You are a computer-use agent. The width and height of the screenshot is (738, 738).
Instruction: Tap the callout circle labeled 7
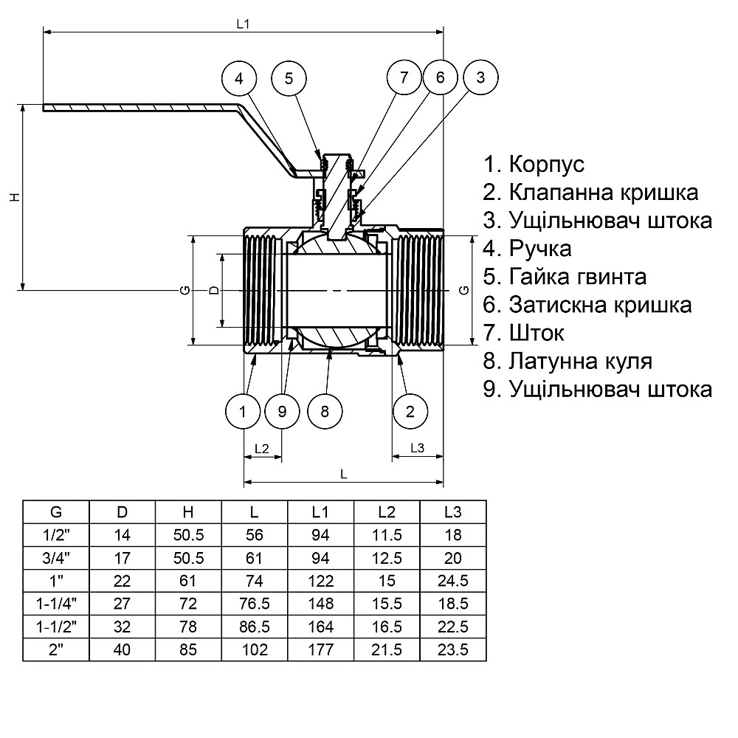pos(404,77)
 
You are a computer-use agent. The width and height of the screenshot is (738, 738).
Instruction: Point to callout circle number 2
pos(410,411)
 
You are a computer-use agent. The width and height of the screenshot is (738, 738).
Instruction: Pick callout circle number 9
pos(282,411)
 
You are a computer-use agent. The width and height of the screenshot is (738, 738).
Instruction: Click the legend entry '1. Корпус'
pos(534,164)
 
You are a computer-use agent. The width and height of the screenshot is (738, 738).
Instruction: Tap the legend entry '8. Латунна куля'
pos(568,361)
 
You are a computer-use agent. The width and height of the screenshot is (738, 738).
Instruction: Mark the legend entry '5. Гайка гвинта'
pos(565,277)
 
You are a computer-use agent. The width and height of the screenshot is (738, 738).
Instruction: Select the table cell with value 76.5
pos(255,603)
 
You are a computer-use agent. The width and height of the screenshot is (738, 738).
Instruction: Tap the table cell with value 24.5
pos(453,580)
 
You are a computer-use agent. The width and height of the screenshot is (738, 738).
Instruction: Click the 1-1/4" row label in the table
pos(56,603)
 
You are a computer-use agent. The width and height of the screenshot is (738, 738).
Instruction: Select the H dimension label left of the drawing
pos(13,197)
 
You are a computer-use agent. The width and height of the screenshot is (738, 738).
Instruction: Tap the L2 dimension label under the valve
pos(261,449)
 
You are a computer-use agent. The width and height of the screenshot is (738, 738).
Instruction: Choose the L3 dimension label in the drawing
pos(417,449)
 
